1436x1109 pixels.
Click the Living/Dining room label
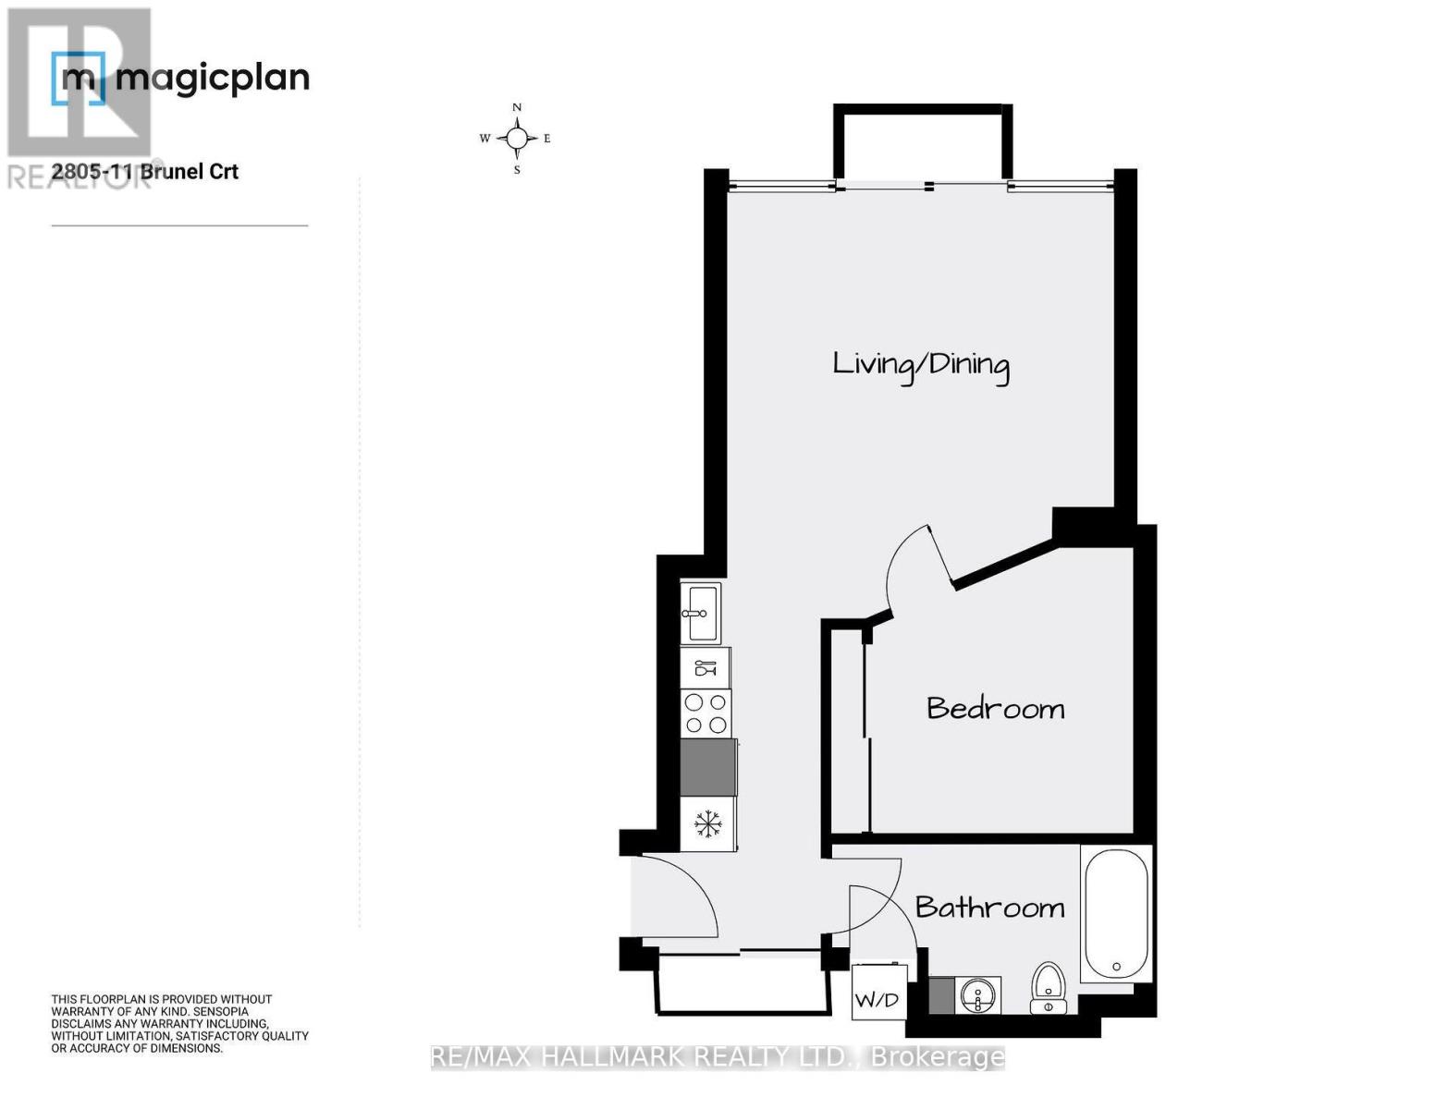click(x=920, y=364)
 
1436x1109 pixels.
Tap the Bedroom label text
click(x=995, y=709)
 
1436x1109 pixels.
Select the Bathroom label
click(x=989, y=907)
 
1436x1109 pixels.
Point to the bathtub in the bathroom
click(x=1115, y=914)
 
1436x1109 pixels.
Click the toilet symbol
click(x=1049, y=987)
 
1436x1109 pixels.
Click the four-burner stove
click(x=706, y=714)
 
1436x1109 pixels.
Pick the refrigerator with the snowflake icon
click(x=708, y=823)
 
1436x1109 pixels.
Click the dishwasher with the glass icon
click(x=706, y=667)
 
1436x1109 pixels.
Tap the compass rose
click(x=517, y=139)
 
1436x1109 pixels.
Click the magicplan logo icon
click(x=78, y=79)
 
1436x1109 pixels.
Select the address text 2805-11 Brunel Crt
click(x=145, y=172)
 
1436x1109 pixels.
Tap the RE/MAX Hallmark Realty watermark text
click(x=717, y=1057)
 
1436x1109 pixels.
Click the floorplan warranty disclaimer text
click(x=179, y=1024)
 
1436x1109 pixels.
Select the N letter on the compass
click(x=517, y=107)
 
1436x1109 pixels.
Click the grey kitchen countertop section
click(x=708, y=767)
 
